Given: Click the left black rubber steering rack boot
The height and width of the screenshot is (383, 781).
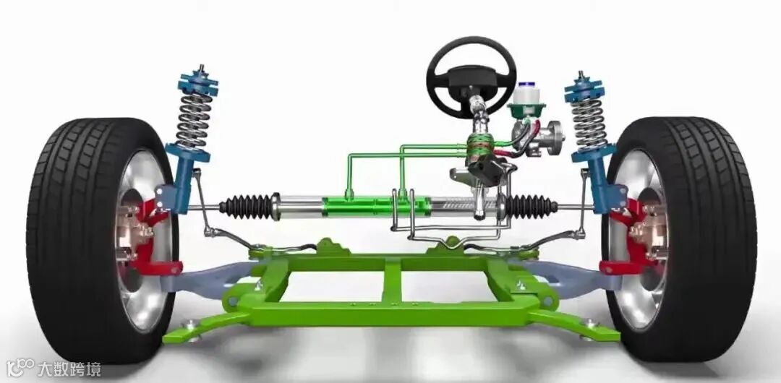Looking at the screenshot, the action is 247,206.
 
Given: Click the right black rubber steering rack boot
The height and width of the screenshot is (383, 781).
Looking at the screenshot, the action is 531,206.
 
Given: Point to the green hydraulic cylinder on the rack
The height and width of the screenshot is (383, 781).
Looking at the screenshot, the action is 376,207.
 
